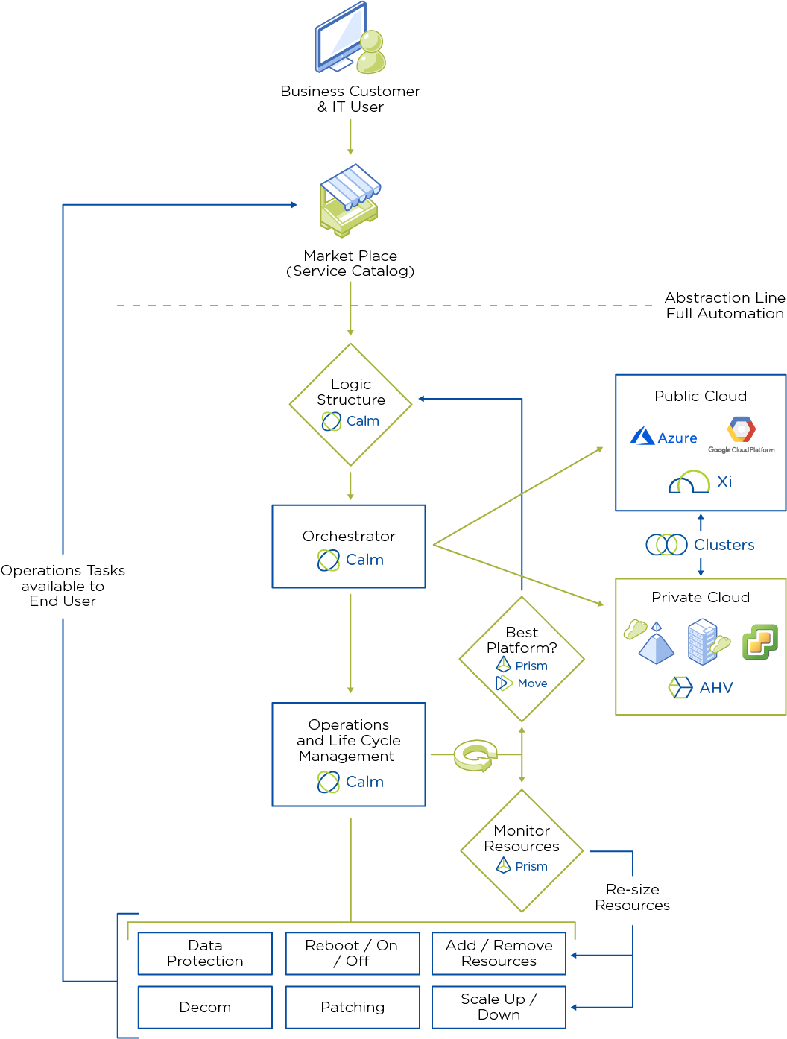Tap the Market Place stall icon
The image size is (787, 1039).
pos(350,200)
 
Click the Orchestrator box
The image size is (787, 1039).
pos(349,546)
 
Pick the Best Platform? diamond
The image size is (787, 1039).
pos(522,658)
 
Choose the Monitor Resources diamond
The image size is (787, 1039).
pos(522,850)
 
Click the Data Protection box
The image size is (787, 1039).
pos(205,953)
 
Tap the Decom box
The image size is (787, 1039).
pos(205,1007)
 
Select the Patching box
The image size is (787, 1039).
pos(353,1007)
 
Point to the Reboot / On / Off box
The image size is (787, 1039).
pos(352,953)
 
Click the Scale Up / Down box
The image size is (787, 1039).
pos(499,1007)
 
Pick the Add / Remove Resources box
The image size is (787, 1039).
pos(499,953)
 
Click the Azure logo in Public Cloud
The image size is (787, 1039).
pos(663,437)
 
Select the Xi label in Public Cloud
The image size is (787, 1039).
pos(724,481)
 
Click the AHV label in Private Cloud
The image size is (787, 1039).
pos(715,687)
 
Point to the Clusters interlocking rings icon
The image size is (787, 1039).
pos(666,545)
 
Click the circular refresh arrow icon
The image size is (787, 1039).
pos(475,756)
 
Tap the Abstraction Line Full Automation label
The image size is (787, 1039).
pos(724,306)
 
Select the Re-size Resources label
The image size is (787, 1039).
pos(632,897)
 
